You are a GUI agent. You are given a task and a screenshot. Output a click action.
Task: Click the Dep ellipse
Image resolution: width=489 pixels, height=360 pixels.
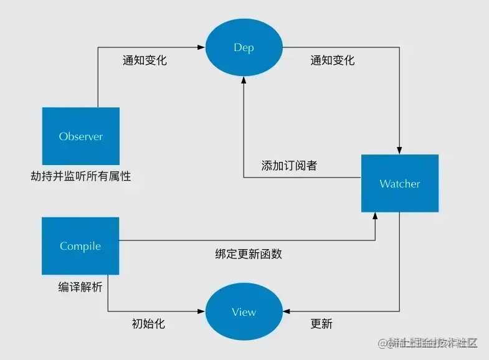pos(244,47)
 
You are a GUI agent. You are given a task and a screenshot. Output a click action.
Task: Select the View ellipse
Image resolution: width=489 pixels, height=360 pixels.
pos(244,312)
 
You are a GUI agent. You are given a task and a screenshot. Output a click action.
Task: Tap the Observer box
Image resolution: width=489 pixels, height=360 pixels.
pos(80,136)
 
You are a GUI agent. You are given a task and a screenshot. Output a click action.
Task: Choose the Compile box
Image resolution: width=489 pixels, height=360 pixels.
pos(80,246)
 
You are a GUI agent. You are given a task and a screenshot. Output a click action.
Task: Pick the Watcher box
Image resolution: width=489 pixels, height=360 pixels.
pos(400,184)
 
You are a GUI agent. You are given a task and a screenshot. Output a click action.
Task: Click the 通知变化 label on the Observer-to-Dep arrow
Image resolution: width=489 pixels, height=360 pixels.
pos(145,61)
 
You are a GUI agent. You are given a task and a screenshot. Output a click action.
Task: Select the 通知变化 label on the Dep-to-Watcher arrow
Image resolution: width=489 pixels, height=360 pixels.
pos(332,60)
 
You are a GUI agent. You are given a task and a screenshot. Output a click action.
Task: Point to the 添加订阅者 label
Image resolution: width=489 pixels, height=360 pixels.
pos(289,166)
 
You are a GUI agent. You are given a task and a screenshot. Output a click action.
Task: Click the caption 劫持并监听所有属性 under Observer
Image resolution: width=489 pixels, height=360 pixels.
pos(81,176)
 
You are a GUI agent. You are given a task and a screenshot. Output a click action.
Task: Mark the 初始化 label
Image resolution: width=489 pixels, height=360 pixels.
pos(149,324)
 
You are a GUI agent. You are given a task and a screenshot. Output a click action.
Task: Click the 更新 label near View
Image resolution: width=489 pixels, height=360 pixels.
pos(321,324)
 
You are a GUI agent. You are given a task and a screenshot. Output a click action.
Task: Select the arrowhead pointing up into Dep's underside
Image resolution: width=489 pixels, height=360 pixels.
pos(244,81)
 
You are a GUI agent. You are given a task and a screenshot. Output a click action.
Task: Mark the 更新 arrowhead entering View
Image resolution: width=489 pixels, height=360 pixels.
pos(286,311)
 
